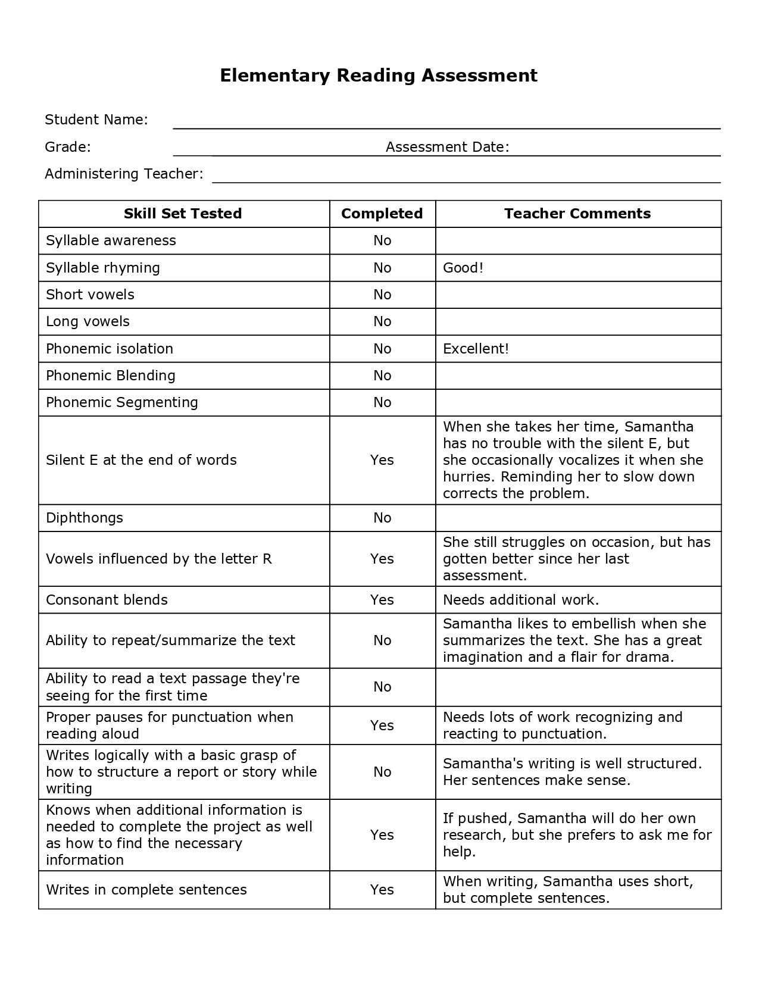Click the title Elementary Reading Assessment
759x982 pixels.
coord(379,76)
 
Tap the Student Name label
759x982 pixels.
coord(96,120)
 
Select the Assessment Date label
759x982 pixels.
coord(447,147)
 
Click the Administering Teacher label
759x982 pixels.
coord(124,174)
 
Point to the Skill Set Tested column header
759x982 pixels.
coord(183,214)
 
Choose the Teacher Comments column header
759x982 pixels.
coord(577,214)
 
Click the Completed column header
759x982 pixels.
coord(382,214)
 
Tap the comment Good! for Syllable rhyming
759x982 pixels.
coord(463,268)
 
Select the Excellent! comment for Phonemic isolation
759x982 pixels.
coord(476,349)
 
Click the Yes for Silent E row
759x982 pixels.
coord(382,460)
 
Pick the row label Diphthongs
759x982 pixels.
coord(85,518)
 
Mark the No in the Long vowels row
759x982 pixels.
coord(382,321)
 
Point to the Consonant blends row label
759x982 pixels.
coord(107,600)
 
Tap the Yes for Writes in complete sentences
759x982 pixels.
coord(382,890)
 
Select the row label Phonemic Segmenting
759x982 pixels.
coord(122,402)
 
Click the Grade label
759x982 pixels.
coord(68,147)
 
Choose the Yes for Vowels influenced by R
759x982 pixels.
coord(382,559)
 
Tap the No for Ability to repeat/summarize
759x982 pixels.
coord(382,640)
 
